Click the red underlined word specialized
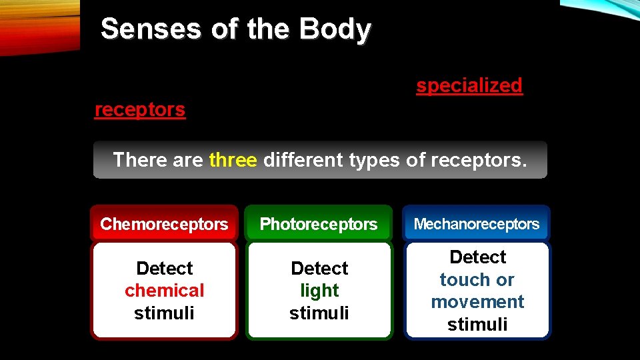pyautogui.click(x=469, y=85)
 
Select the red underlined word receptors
pyautogui.click(x=140, y=109)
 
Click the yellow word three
pyautogui.click(x=233, y=160)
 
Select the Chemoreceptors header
pyautogui.click(x=164, y=224)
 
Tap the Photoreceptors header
pyautogui.click(x=319, y=224)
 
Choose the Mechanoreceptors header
pyautogui.click(x=477, y=224)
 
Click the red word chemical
pyautogui.click(x=165, y=291)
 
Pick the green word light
pyautogui.click(x=319, y=291)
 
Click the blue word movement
pyautogui.click(x=477, y=302)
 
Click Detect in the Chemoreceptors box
pyautogui.click(x=165, y=268)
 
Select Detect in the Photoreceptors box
pyautogui.click(x=319, y=268)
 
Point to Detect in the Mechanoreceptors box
pyautogui.click(x=477, y=257)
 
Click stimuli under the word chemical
pyautogui.click(x=165, y=313)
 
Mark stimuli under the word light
pyautogui.click(x=319, y=313)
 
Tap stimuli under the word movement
pyautogui.click(x=477, y=325)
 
